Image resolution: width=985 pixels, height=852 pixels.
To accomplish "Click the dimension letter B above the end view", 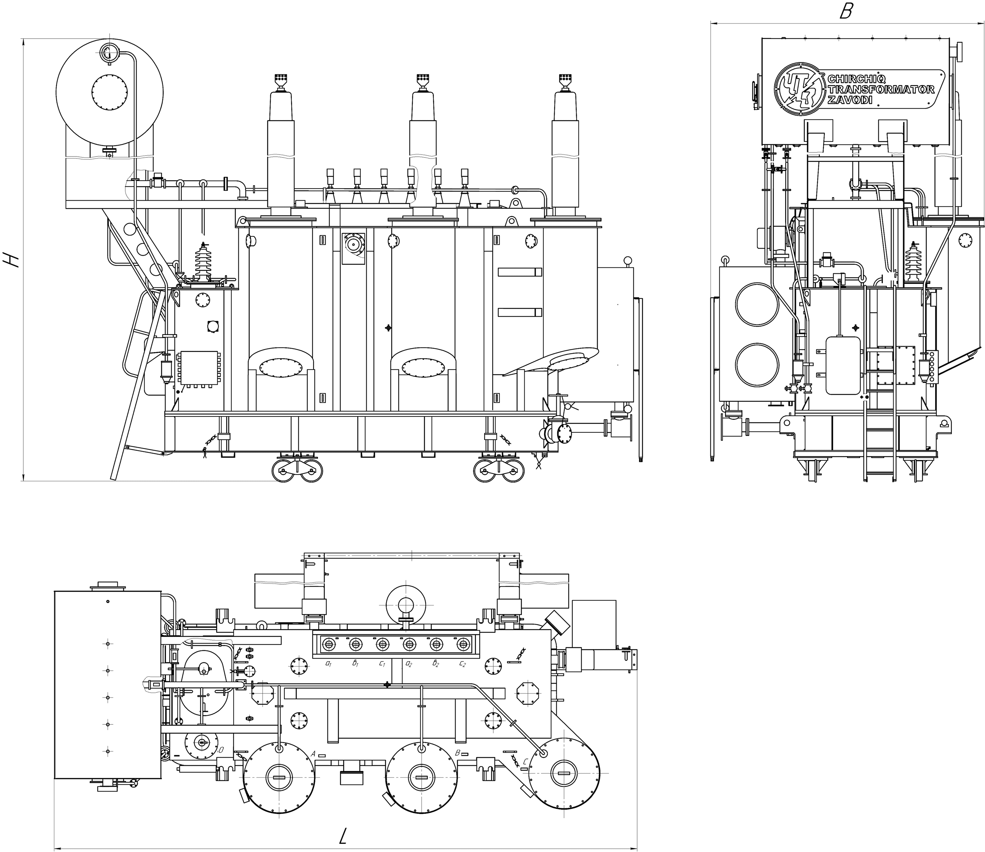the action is [846, 11].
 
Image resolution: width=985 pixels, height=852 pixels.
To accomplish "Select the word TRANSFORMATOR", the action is [881, 90].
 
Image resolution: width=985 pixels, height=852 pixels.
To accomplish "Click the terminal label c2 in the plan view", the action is [462, 663].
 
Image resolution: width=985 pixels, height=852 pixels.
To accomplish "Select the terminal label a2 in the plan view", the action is [409, 663].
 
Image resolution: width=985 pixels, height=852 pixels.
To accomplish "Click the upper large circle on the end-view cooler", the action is [757, 305].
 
